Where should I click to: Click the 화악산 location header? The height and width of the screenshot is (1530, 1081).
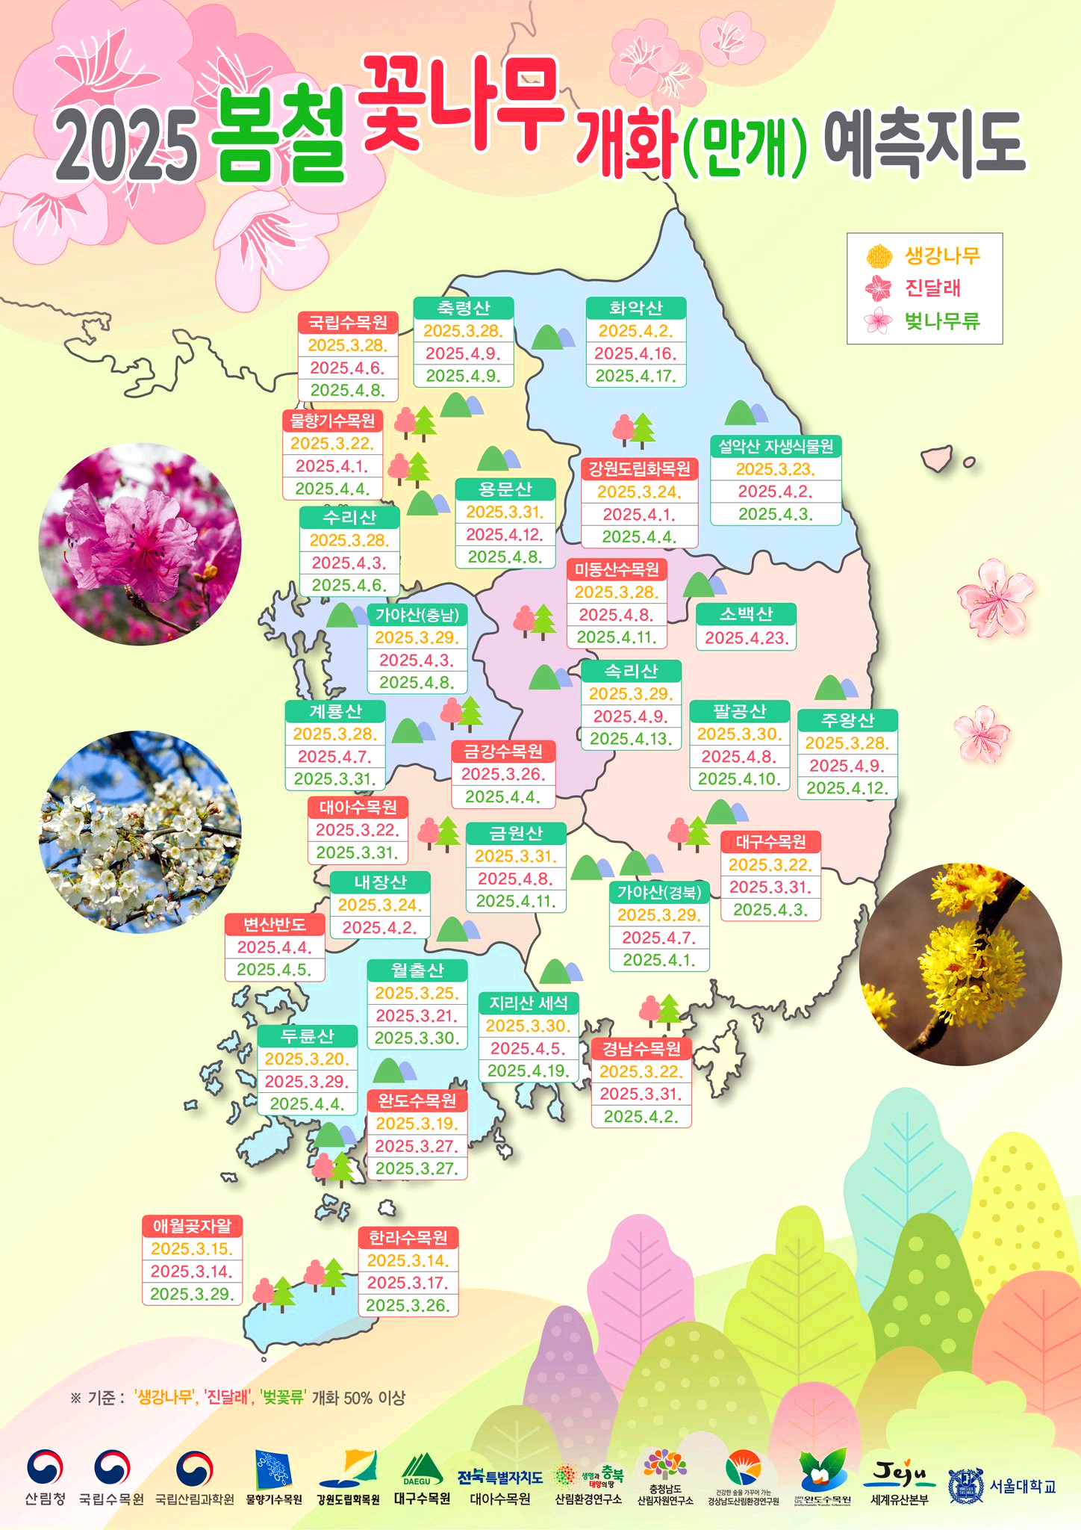tap(636, 308)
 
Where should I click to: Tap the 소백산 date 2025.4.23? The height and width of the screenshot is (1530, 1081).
tap(746, 638)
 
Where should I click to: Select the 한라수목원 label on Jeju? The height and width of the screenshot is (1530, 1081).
tap(408, 1238)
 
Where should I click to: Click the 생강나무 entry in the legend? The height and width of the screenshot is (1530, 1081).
tap(942, 256)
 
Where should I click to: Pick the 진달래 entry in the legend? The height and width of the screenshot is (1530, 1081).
tap(932, 288)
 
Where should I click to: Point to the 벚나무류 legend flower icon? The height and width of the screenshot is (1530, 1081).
tap(878, 321)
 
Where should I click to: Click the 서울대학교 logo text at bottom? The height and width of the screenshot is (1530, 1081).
tap(1023, 1486)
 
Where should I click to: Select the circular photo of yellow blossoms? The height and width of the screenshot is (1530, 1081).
tap(960, 964)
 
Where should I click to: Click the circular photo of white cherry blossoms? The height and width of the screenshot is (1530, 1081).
tap(140, 831)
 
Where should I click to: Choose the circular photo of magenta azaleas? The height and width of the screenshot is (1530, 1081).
tap(140, 544)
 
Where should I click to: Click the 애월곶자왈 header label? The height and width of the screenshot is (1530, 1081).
tap(193, 1226)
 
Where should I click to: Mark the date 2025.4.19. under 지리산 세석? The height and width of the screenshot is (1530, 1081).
tap(529, 1071)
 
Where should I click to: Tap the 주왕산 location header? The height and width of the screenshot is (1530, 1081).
tap(847, 721)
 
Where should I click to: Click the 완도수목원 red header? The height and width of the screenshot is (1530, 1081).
tap(417, 1100)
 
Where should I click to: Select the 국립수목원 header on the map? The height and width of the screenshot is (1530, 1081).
tap(348, 323)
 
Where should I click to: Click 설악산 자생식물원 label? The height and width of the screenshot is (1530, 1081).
tap(776, 447)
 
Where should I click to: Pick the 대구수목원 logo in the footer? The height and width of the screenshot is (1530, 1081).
tap(422, 1481)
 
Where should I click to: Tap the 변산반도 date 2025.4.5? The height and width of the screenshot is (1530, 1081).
tap(275, 970)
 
